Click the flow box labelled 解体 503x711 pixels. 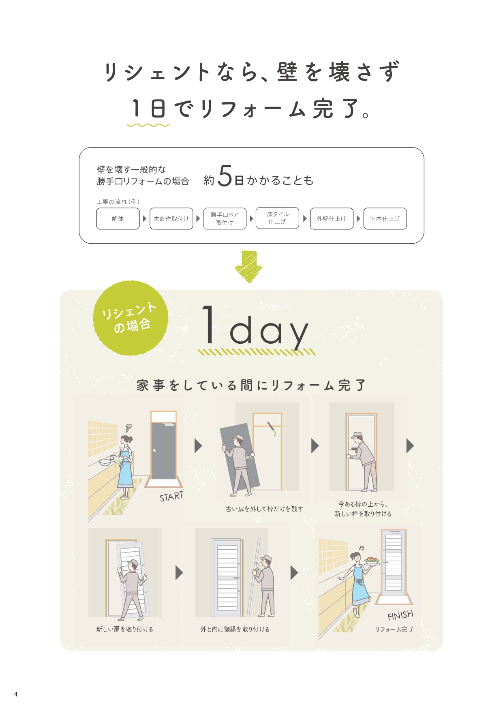click(118, 219)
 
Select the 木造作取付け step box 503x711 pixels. click(171, 219)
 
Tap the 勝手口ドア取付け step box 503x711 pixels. click(225, 219)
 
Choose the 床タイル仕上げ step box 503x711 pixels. click(277, 218)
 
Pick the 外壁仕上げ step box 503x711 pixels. click(332, 219)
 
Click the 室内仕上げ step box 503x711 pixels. click(385, 219)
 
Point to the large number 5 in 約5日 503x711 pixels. click(225, 176)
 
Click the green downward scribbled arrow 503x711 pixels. click(248, 266)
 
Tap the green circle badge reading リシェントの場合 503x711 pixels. click(130, 318)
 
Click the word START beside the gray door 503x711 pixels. click(171, 497)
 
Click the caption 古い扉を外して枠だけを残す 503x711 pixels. click(264, 509)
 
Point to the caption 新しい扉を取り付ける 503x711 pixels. click(124, 629)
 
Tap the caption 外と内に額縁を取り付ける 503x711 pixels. click(235, 629)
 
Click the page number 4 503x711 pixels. click(16, 694)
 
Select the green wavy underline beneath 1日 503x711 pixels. click(148, 125)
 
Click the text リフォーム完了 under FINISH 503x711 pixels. click(394, 629)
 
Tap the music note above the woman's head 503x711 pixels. click(361, 548)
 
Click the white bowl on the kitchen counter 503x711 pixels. click(105, 462)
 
